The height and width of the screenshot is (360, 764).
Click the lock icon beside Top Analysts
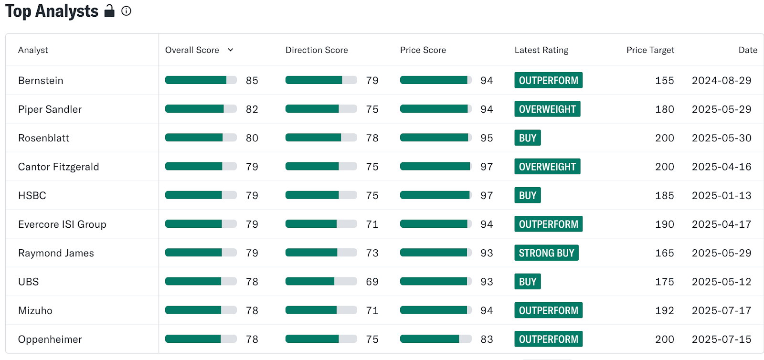point(109,11)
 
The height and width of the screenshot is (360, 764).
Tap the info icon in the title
point(126,11)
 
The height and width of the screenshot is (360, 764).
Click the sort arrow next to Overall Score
point(231,50)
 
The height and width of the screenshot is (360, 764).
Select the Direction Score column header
point(317,50)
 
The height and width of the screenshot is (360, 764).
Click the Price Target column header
point(650,50)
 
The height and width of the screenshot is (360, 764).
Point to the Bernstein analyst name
point(41,81)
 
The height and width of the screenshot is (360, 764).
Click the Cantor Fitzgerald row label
point(58,167)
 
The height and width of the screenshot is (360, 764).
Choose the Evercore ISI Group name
point(62,224)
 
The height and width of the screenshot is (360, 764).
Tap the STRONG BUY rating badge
point(546,253)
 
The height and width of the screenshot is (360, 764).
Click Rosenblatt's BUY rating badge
point(528,138)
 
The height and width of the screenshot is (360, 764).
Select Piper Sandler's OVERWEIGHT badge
point(547,109)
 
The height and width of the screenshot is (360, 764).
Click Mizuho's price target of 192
point(664,310)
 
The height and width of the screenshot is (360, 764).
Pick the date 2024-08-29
point(722,81)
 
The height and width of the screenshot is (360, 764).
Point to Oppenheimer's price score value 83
point(487,339)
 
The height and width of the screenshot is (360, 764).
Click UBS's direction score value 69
point(372,282)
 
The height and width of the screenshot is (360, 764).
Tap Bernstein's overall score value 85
point(252,81)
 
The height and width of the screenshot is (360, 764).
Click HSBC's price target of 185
point(664,195)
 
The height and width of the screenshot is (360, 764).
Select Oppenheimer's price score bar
point(436,339)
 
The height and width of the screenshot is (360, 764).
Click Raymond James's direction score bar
point(321,253)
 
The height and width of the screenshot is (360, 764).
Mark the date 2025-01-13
point(722,195)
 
